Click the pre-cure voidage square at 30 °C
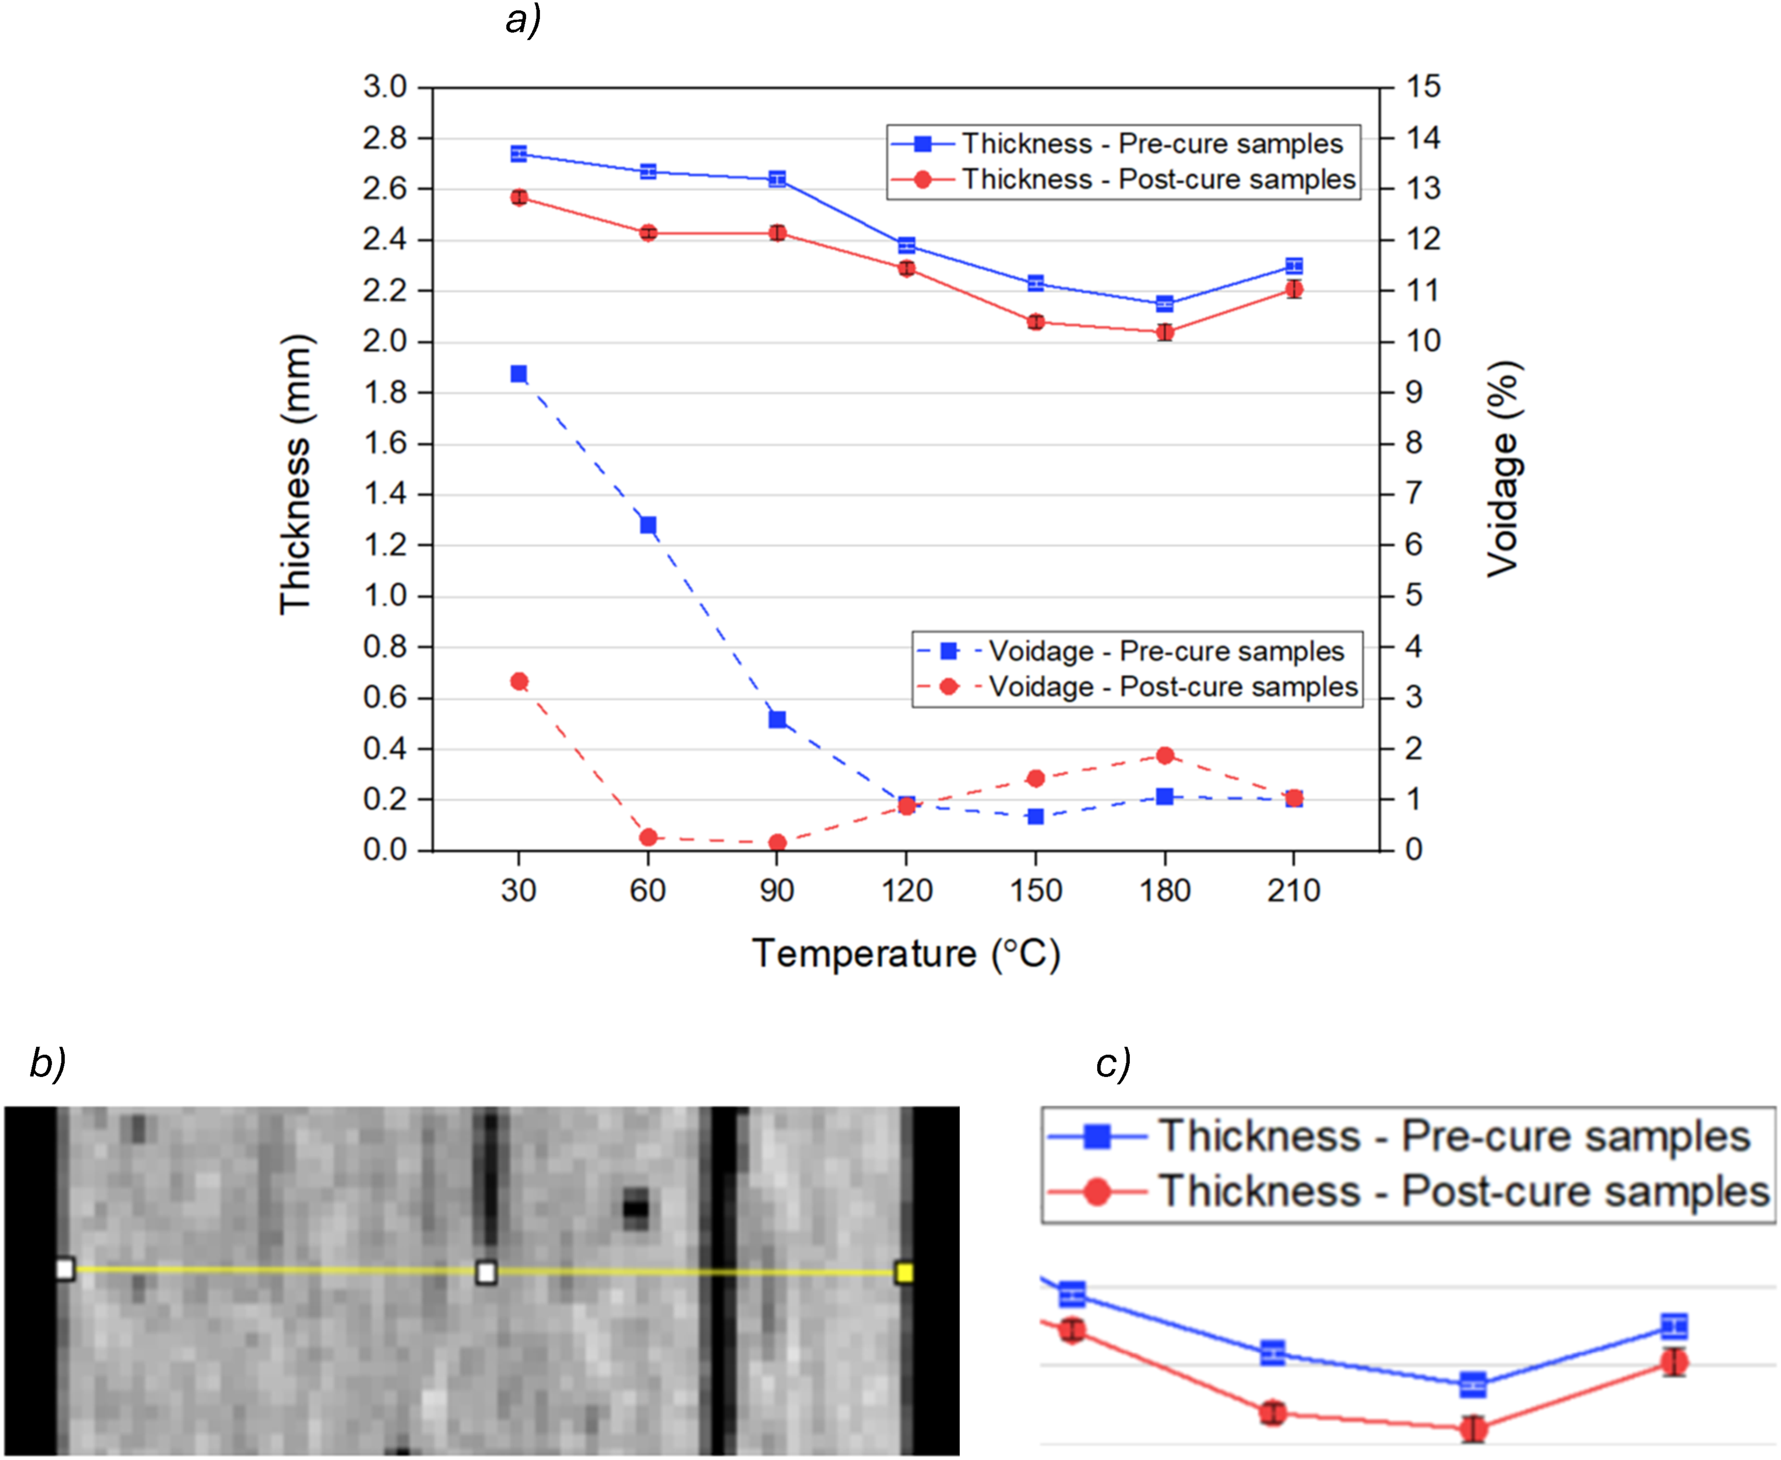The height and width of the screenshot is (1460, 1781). (519, 374)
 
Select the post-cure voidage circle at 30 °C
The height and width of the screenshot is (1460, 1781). (519, 681)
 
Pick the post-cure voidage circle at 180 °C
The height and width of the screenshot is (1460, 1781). (1165, 755)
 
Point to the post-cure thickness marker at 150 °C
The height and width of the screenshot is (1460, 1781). (1036, 322)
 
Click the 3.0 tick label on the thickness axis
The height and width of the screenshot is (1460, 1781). (385, 86)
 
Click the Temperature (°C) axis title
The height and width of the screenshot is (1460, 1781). (906, 954)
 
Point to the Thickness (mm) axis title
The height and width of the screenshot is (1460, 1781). (296, 475)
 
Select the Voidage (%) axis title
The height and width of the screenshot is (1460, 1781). (1503, 469)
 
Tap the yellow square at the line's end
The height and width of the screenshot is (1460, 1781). (904, 1272)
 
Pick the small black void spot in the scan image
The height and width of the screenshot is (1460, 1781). (635, 1208)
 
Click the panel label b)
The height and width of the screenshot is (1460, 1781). (48, 1063)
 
